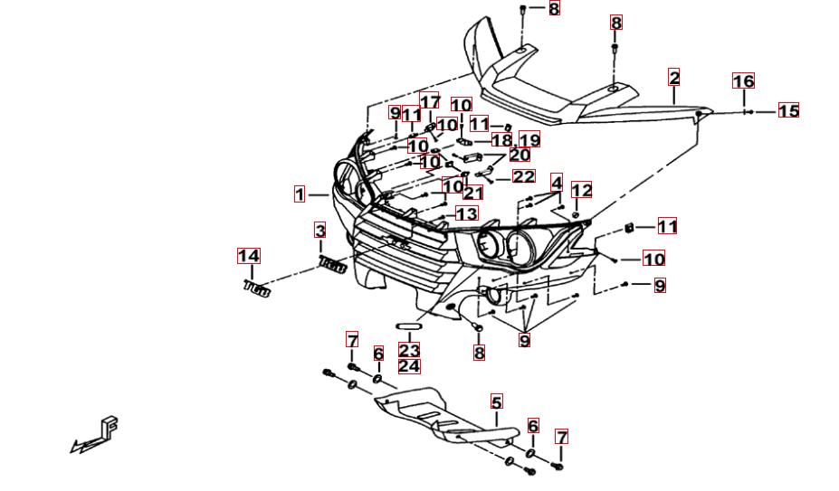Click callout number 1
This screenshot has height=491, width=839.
pos(300,194)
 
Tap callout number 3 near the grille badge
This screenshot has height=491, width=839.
pos(320,231)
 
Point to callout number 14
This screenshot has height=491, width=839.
pos(249,256)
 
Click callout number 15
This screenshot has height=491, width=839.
pos(788,111)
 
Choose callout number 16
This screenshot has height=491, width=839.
pos(743,82)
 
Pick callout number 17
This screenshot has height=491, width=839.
pos(430,102)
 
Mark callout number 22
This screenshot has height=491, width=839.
pos(523,177)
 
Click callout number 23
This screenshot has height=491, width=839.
pos(409,350)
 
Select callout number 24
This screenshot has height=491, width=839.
pos(409,366)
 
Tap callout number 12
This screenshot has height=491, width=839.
pos(581,190)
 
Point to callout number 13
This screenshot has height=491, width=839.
pos(466,213)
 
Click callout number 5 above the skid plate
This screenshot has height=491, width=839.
pos(496,401)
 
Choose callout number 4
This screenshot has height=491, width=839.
pos(556,182)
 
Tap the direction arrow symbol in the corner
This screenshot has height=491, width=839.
pos(97,435)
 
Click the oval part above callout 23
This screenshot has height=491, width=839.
pos(408,326)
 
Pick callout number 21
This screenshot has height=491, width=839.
pos(472,193)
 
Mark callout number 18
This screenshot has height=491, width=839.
pos(501,140)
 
